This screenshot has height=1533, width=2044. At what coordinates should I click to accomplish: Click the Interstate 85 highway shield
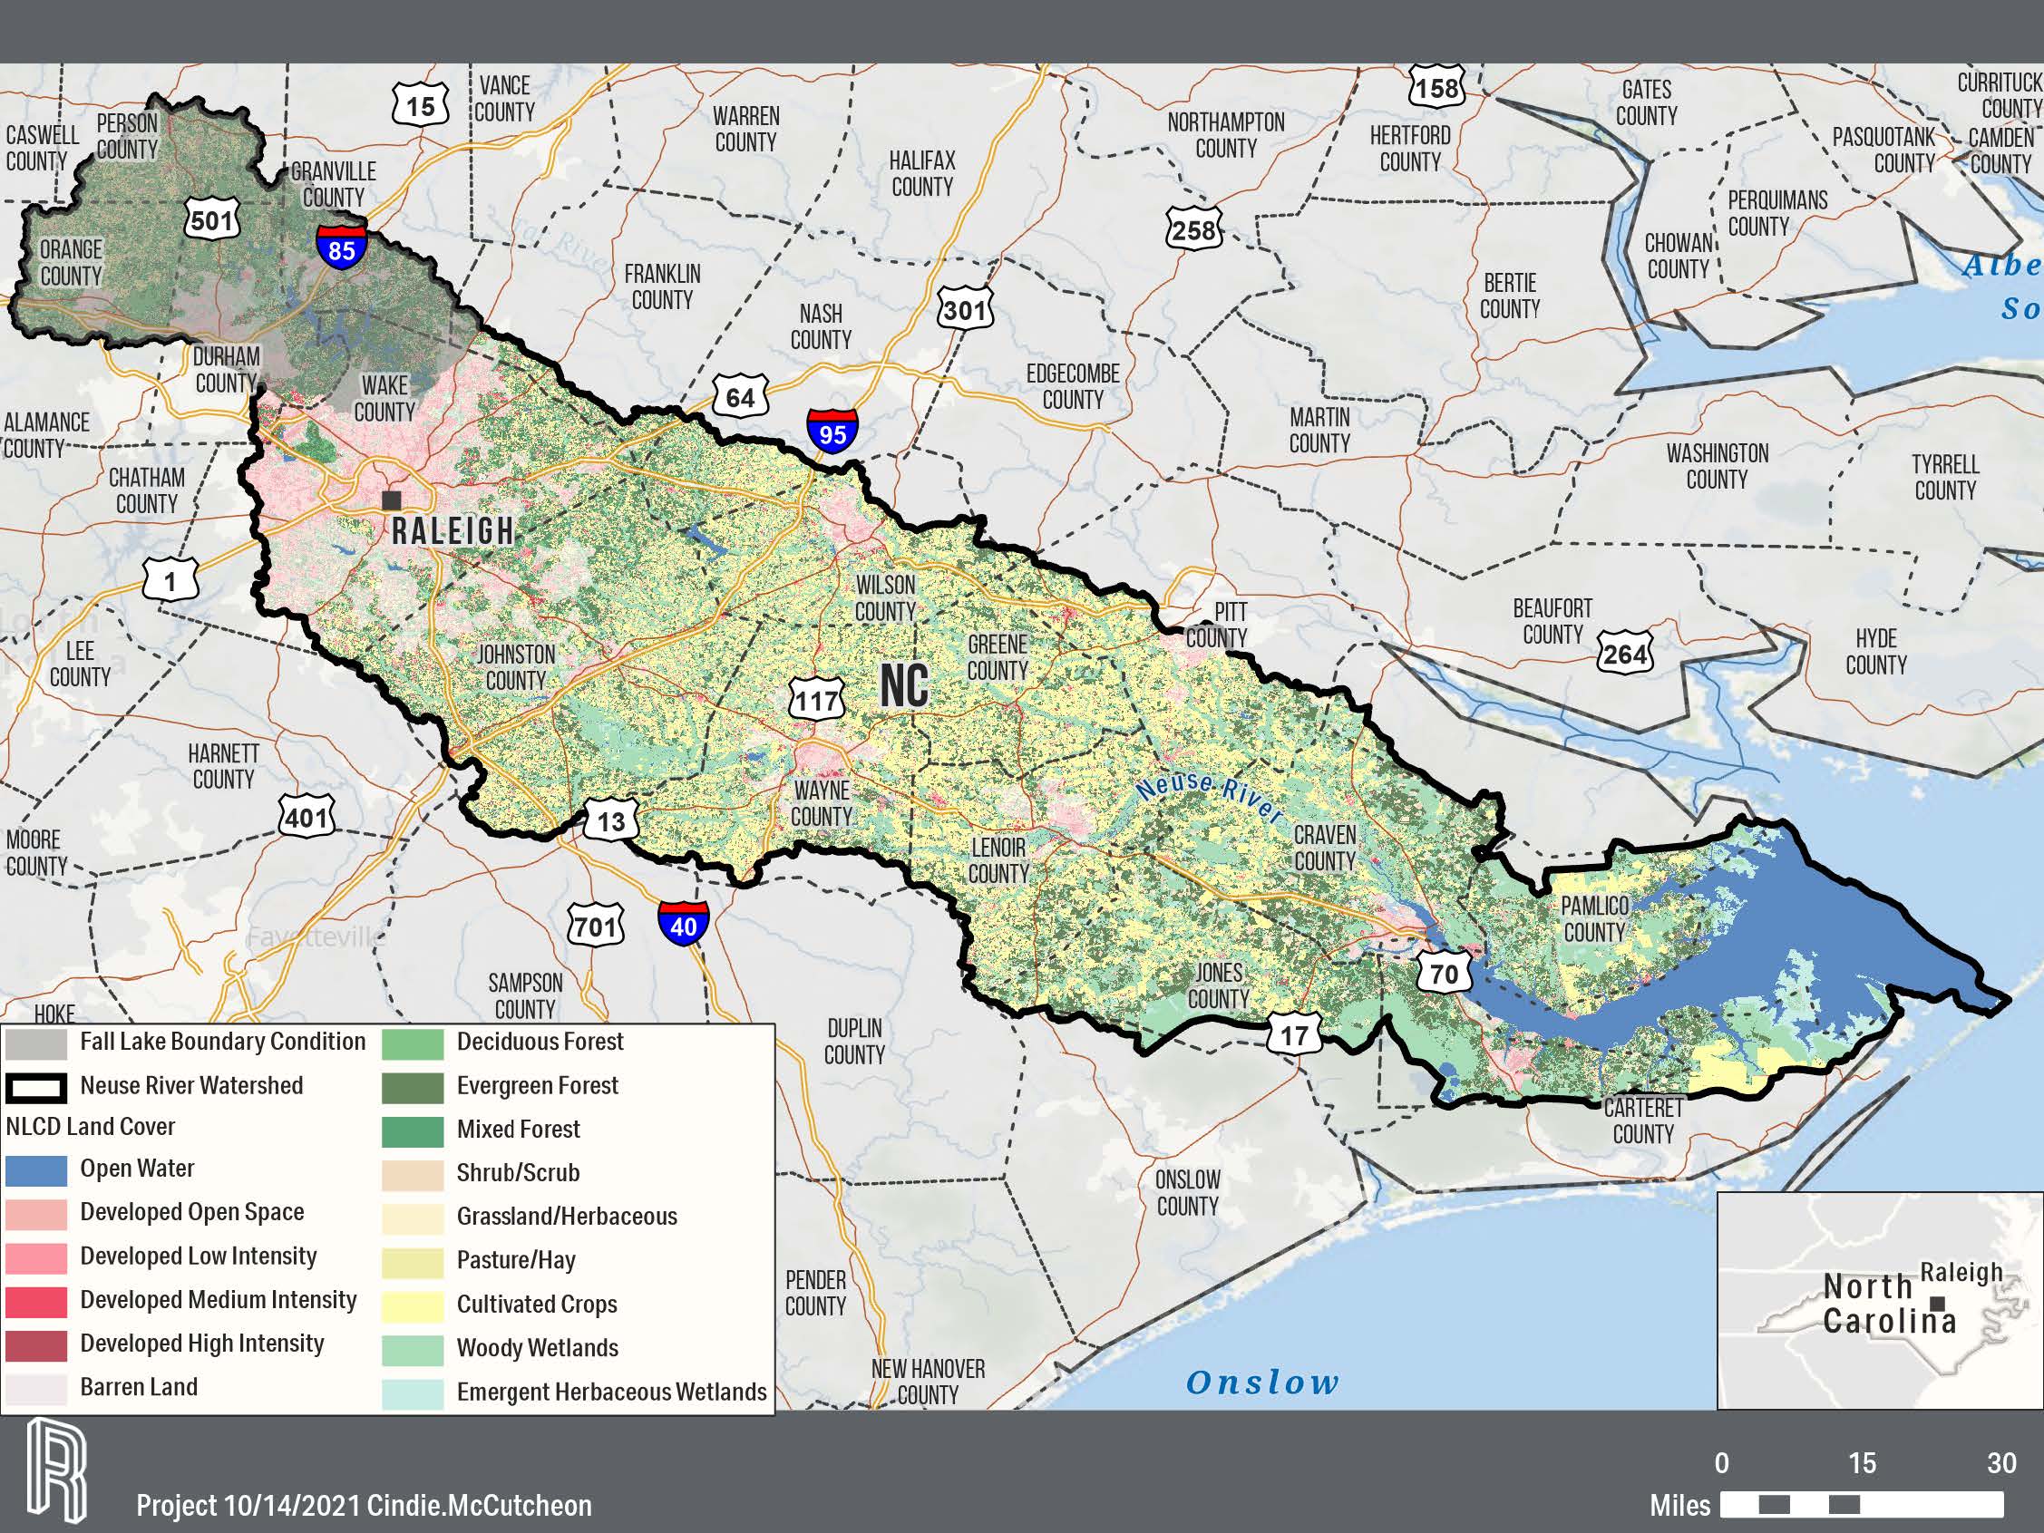341,245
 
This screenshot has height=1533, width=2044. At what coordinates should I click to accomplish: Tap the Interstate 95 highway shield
832,430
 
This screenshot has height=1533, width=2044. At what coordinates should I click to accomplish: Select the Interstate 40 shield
683,922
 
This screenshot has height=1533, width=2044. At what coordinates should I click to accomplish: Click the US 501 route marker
211,220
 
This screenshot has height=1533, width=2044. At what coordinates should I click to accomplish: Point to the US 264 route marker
1624,654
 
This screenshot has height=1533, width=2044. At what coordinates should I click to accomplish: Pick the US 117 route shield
818,700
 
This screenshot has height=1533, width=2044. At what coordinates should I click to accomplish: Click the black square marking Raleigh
392,500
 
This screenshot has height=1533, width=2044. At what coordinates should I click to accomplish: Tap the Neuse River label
1209,798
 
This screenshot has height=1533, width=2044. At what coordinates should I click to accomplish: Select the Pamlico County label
1595,918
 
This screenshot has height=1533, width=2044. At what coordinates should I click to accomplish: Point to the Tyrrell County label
1945,477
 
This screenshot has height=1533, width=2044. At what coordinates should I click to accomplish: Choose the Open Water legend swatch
36,1169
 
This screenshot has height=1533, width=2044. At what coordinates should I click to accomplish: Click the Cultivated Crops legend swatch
412,1305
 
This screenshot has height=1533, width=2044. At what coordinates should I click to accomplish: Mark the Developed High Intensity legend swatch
36,1345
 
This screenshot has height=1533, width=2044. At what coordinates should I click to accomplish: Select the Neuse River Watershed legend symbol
36,1088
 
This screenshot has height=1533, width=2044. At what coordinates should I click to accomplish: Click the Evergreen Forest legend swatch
412,1088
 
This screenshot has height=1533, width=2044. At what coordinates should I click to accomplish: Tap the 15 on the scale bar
1862,1463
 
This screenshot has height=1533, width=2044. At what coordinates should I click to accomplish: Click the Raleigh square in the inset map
1939,1304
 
